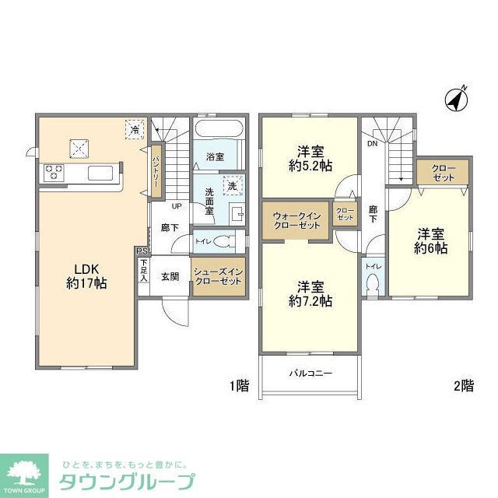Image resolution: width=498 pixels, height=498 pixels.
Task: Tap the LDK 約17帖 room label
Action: (86, 276)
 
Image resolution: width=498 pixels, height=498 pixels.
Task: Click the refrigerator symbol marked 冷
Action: (135, 130)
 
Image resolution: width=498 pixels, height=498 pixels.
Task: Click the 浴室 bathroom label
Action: (216, 157)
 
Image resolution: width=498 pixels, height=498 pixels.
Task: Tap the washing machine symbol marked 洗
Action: (231, 185)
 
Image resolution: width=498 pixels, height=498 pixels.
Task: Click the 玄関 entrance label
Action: (171, 276)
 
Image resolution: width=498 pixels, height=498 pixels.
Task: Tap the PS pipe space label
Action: (141, 251)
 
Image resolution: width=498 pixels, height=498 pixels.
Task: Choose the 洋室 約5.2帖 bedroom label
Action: (310, 158)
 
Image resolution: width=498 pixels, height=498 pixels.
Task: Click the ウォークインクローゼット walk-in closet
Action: (296, 219)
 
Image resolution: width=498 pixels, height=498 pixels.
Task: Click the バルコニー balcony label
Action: (310, 373)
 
